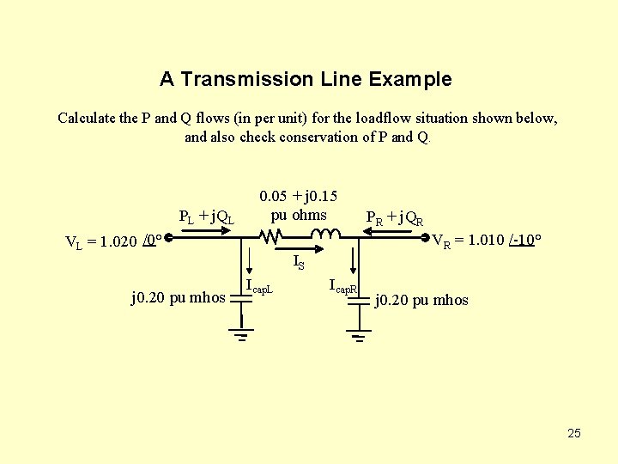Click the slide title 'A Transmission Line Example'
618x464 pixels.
[305, 80]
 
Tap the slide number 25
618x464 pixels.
[574, 433]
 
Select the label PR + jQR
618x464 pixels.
[394, 218]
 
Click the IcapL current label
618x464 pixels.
[259, 287]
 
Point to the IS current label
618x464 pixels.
[298, 261]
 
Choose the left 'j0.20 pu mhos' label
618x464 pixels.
[178, 298]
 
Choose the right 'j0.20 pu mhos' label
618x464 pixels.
[422, 300]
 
